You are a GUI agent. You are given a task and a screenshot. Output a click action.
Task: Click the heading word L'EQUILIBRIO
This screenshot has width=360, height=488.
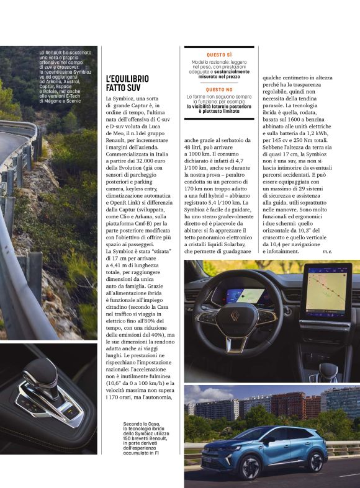pos(128,79)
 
